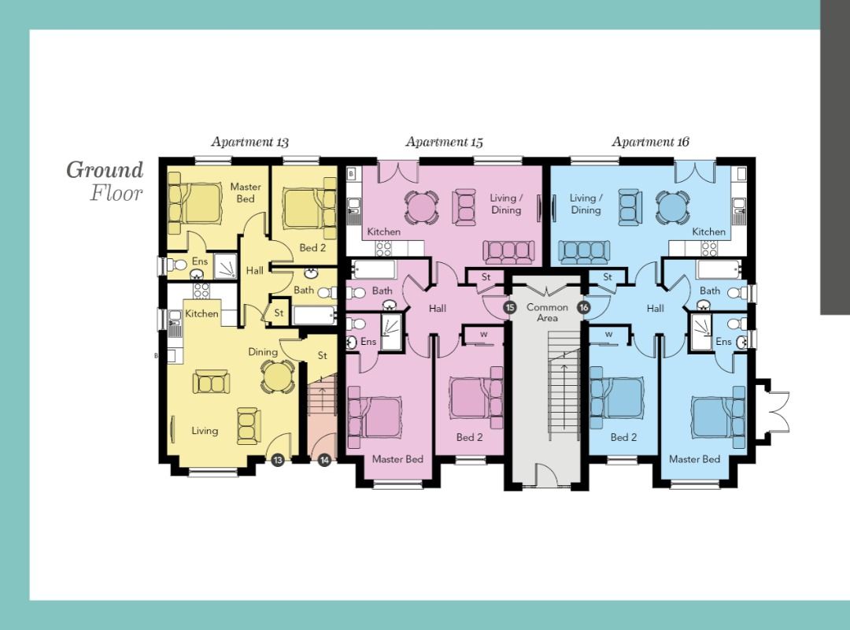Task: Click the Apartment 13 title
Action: coord(250,143)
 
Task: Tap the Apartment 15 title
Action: coord(444,143)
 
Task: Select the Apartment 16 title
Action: coord(651,143)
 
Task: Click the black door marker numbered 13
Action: coord(278,460)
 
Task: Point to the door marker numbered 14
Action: coord(324,460)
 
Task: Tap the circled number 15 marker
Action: coord(509,308)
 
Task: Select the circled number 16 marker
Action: coord(584,308)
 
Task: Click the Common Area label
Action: coord(547,313)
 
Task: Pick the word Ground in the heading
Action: coord(105,171)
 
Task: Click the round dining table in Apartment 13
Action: coord(277,376)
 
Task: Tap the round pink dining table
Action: coord(421,207)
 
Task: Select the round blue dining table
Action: coord(673,207)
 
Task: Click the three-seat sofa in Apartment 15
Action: coord(508,252)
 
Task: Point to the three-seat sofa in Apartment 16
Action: coord(584,252)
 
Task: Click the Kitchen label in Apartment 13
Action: coord(201,313)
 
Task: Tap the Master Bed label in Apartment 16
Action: coord(694,459)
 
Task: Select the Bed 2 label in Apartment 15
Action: coord(469,437)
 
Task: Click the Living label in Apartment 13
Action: coord(205,431)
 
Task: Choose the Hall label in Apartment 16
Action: coord(656,308)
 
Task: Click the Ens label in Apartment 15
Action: coord(368,341)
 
